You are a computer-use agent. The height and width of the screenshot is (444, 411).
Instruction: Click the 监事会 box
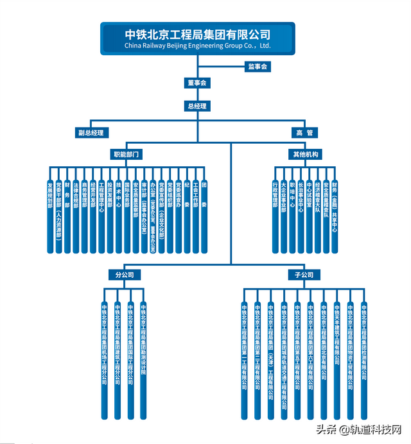pyautogui.click(x=257, y=66)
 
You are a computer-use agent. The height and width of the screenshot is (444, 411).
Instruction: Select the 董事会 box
pyautogui.click(x=197, y=83)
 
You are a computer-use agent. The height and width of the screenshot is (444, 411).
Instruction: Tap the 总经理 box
pyautogui.click(x=197, y=106)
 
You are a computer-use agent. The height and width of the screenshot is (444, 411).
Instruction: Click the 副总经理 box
pyautogui.click(x=90, y=133)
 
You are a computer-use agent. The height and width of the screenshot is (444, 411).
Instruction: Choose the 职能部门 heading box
pyautogui.click(x=127, y=154)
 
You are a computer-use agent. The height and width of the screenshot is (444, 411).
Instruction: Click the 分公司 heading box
pyautogui.click(x=124, y=275)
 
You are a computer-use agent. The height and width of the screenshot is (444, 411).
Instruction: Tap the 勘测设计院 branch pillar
pyautogui.click(x=144, y=359)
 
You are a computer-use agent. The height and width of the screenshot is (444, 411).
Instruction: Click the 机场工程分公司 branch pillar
pyautogui.click(x=104, y=359)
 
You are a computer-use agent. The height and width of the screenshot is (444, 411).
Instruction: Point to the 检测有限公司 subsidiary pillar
pyautogui.click(x=363, y=359)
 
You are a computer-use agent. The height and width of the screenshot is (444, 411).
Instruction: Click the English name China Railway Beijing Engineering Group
pyautogui.click(x=197, y=46)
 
